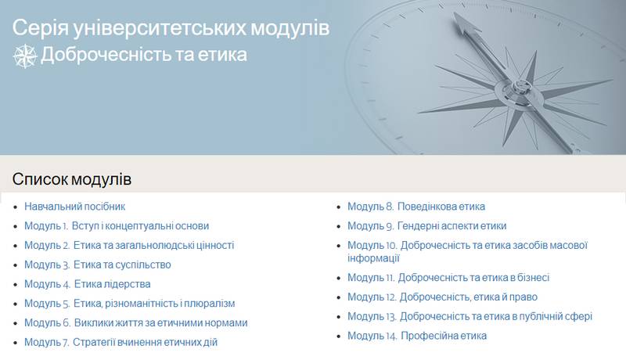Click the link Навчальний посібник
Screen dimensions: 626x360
click(74, 207)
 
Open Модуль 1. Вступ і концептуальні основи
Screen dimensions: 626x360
click(117, 226)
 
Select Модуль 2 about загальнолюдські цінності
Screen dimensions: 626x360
click(129, 245)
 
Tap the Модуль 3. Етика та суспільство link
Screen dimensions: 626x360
click(97, 265)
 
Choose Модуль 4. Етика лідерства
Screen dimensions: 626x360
click(88, 284)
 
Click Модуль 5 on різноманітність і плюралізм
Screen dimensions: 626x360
click(129, 304)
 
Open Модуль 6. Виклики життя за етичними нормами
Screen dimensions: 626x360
click(135, 322)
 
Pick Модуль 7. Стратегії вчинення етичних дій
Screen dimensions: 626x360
click(121, 342)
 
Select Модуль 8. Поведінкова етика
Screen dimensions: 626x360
click(416, 207)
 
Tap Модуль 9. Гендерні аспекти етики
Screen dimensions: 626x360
click(426, 226)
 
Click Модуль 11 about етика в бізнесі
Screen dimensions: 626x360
click(448, 277)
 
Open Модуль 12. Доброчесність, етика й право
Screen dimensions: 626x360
click(442, 297)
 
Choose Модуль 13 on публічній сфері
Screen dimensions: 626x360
click(470, 316)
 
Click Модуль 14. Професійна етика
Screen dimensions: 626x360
click(417, 336)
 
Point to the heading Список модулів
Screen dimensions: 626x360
click(72, 179)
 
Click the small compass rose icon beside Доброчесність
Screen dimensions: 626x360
click(25, 56)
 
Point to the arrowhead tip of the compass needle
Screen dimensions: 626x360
click(455, 13)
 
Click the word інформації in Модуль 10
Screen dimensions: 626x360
click(373, 258)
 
